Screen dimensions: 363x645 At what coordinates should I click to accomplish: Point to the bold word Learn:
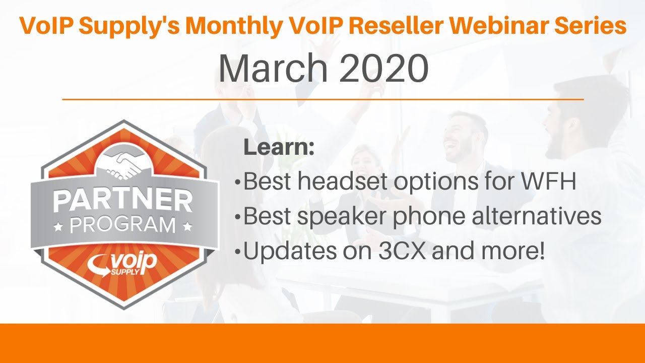click(x=279, y=148)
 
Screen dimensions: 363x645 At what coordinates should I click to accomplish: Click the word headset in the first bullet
click(x=343, y=182)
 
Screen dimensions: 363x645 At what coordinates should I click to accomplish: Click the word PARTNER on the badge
click(x=123, y=201)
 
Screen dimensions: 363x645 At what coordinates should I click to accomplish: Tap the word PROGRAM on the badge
click(x=123, y=225)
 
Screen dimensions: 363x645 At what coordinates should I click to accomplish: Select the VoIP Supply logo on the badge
click(x=122, y=264)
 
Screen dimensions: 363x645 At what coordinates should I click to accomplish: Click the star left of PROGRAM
click(x=60, y=226)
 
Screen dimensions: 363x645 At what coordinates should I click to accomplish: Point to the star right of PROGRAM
click(x=187, y=226)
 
